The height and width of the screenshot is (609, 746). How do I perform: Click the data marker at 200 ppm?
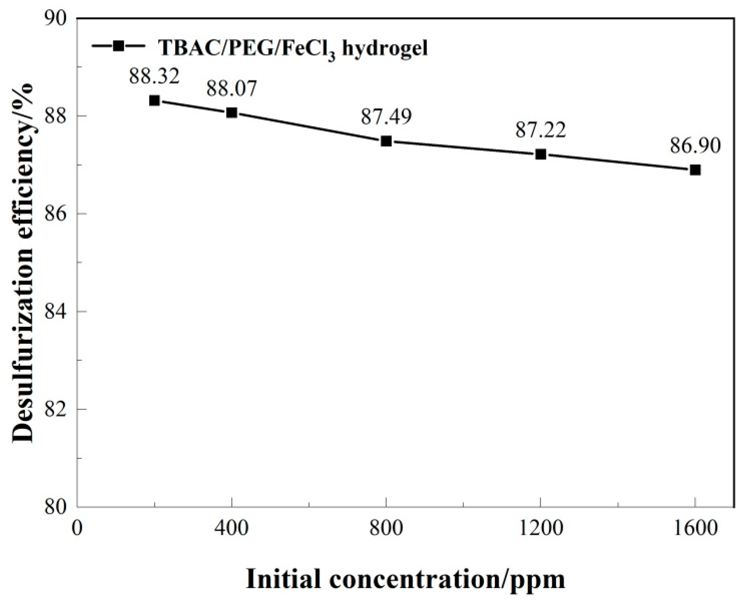(x=154, y=100)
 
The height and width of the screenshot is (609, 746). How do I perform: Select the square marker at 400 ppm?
(x=232, y=113)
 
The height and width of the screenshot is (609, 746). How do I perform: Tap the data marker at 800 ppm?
(x=386, y=141)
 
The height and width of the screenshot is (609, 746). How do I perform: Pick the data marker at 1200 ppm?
(x=541, y=154)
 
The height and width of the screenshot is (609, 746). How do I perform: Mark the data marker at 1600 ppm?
(x=695, y=170)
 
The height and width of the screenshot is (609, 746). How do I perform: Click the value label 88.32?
(x=154, y=77)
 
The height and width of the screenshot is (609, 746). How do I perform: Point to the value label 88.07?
(x=232, y=89)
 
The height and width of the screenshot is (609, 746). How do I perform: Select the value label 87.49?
(x=386, y=117)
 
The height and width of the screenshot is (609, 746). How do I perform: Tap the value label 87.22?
(x=541, y=130)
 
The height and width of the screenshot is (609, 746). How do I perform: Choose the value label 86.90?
(x=695, y=146)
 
